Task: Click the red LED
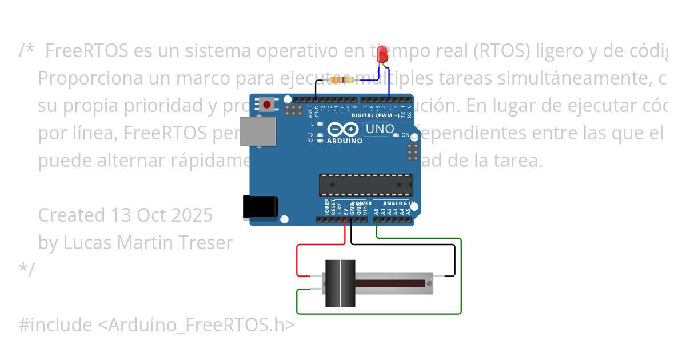[382, 55]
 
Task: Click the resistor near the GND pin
[342, 80]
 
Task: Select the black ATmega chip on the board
[365, 185]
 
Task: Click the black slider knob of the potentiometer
[340, 283]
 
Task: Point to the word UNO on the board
[380, 129]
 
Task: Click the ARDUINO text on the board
[345, 141]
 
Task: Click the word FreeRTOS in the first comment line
[86, 51]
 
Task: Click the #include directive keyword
[55, 325]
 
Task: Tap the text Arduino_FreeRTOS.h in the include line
[196, 325]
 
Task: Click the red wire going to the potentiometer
[297, 260]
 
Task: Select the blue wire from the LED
[389, 83]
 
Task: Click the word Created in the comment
[69, 215]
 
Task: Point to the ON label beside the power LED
[405, 135]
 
